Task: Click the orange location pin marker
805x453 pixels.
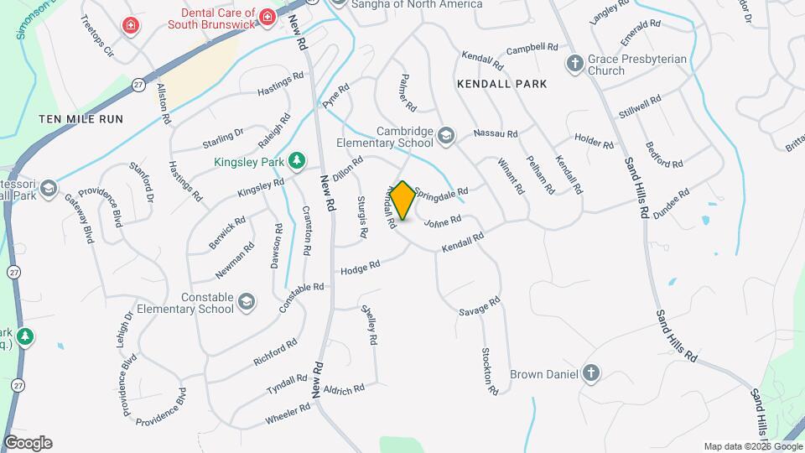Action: [x=402, y=200]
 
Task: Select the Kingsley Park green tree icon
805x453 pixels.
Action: [x=295, y=159]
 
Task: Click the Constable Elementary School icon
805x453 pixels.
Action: [x=246, y=302]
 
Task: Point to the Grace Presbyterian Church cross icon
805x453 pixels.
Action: [x=574, y=64]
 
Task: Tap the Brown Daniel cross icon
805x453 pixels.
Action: [x=591, y=373]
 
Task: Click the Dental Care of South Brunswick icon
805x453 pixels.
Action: [x=266, y=17]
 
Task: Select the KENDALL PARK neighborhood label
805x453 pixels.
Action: [x=502, y=84]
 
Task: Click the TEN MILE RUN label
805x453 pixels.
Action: [x=80, y=119]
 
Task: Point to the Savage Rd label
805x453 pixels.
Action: [x=480, y=306]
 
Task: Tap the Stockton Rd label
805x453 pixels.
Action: [x=489, y=371]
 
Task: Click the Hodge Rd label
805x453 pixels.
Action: [x=361, y=268]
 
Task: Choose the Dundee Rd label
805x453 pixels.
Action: [x=673, y=199]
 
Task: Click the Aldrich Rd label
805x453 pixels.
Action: [x=345, y=389]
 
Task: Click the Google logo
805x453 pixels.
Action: [x=28, y=443]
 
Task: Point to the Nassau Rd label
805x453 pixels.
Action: [x=496, y=133]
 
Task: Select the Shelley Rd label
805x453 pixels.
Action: [x=369, y=325]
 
